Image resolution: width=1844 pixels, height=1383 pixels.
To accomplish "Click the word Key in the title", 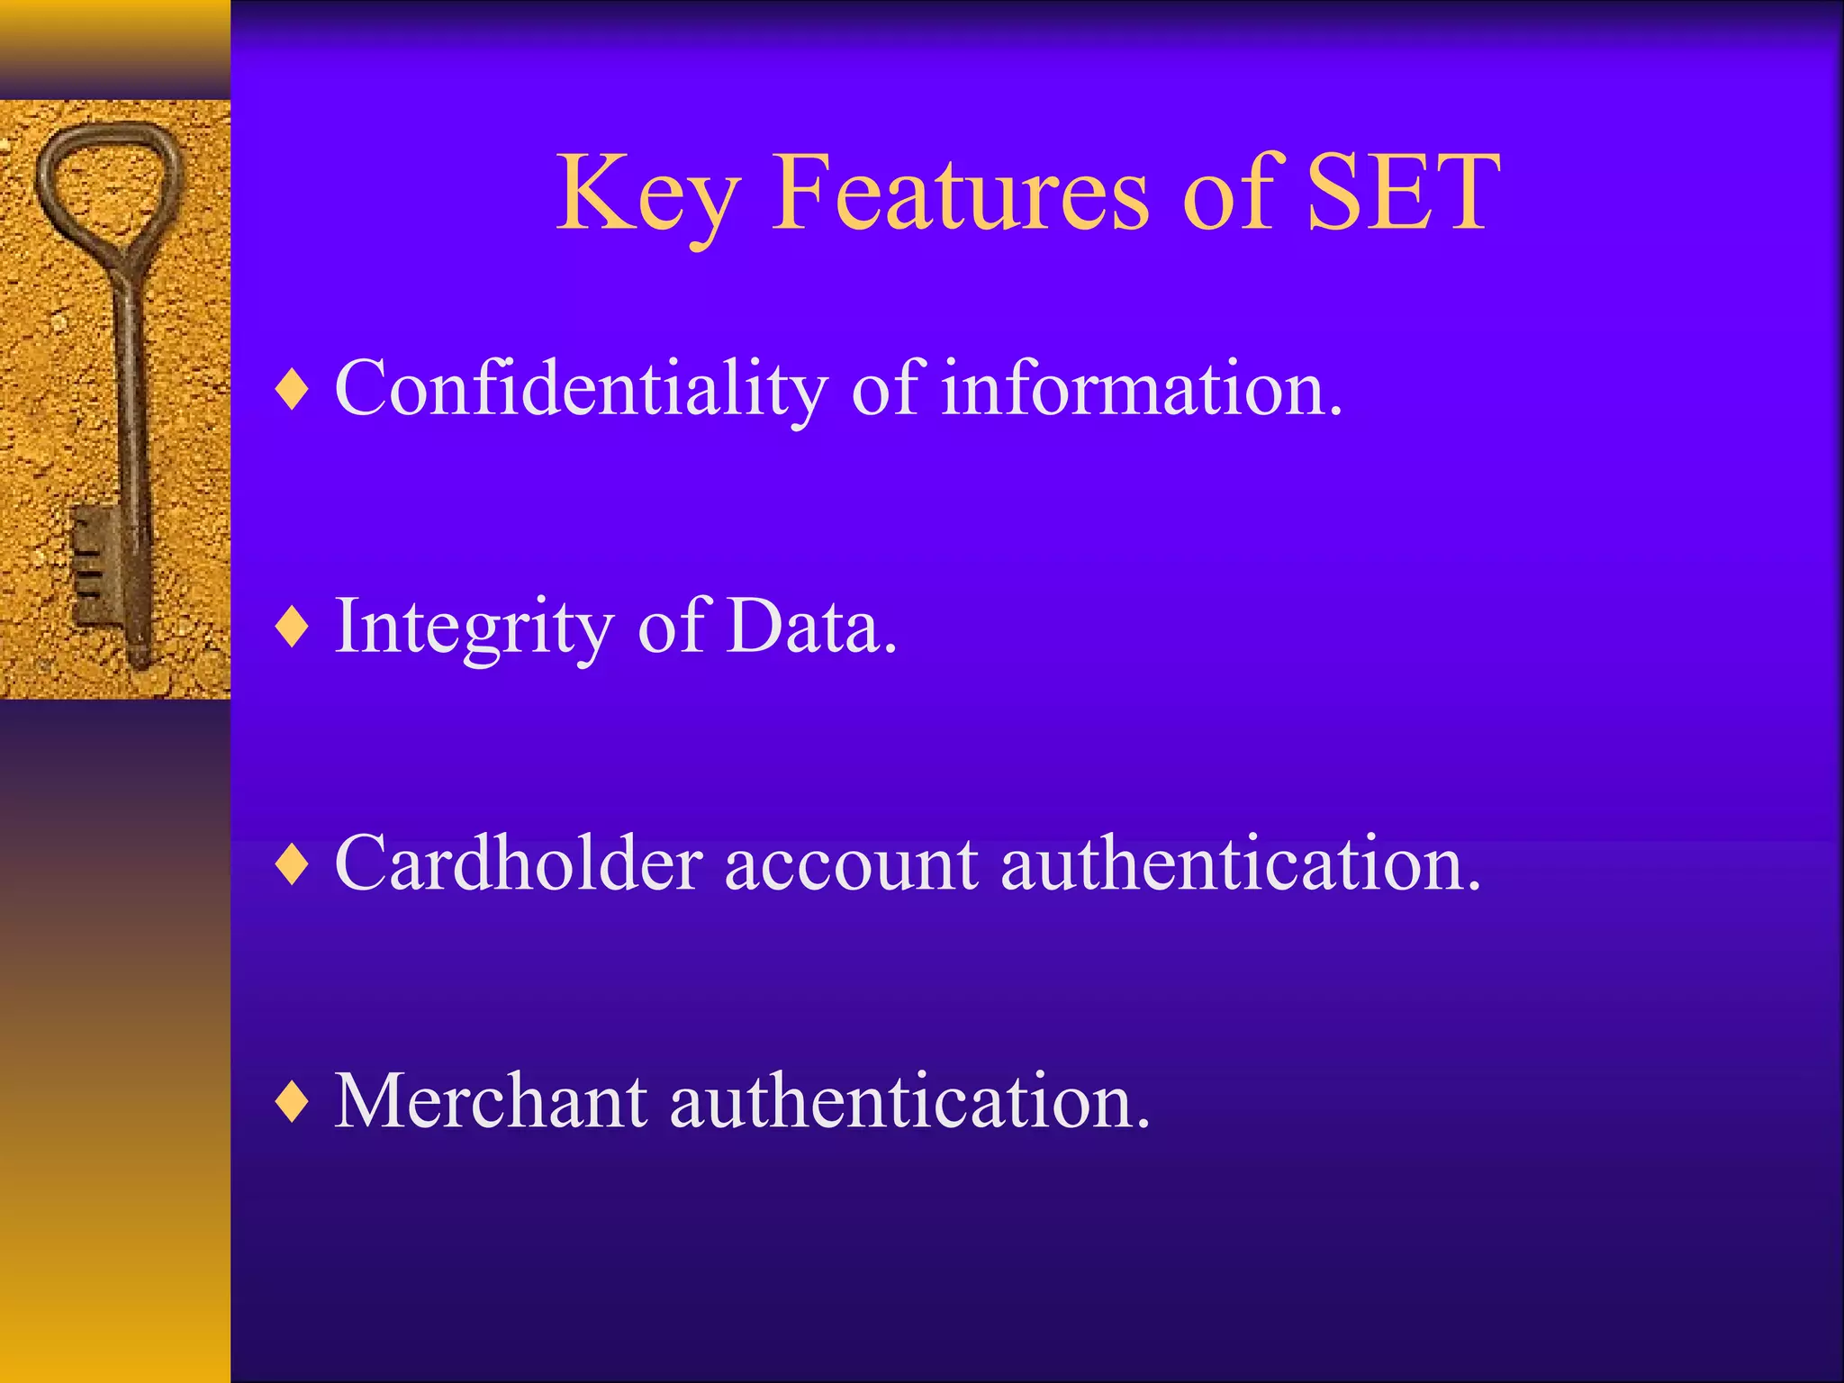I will pyautogui.click(x=648, y=194).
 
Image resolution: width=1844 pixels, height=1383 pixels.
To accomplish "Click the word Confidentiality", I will pyautogui.click(x=581, y=389).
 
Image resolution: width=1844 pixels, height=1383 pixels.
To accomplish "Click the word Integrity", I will pyautogui.click(x=474, y=627).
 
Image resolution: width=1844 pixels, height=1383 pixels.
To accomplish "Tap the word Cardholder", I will pyautogui.click(x=518, y=864).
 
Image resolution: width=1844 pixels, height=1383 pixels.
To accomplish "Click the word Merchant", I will pyautogui.click(x=491, y=1102).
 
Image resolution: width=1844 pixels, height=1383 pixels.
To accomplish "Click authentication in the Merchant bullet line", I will pyautogui.click(x=909, y=1102).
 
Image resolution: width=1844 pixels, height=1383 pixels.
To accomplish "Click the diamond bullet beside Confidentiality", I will pyautogui.click(x=293, y=390).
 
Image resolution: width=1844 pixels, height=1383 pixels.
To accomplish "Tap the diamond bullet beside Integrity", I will pyautogui.click(x=293, y=627).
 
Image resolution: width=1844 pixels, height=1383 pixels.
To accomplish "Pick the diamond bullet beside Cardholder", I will pyautogui.click(x=293, y=864).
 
